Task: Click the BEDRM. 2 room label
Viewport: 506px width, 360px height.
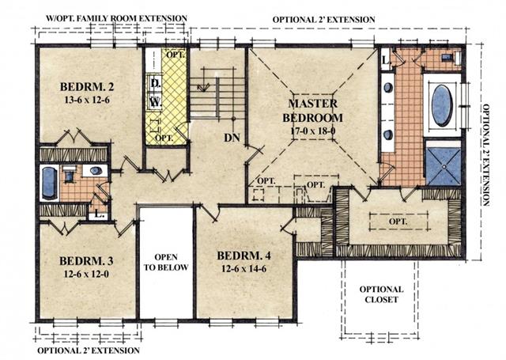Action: (87, 87)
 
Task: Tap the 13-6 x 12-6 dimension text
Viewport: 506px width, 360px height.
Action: (87, 100)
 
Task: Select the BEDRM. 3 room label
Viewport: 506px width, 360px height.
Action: (86, 261)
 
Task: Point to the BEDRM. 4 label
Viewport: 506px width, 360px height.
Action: (244, 256)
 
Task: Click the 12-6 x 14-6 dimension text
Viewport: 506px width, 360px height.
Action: (244, 269)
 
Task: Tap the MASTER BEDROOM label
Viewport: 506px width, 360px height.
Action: (313, 111)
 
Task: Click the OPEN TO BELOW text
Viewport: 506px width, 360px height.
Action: (166, 262)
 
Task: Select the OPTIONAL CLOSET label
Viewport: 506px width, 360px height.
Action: (381, 294)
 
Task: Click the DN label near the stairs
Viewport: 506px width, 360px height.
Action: (232, 138)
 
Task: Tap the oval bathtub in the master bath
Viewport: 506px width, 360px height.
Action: (442, 105)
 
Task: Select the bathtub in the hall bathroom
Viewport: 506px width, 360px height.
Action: (49, 183)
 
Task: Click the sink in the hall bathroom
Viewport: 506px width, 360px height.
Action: (96, 171)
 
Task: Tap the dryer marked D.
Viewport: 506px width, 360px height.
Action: (155, 83)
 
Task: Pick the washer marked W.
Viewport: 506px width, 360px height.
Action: (155, 102)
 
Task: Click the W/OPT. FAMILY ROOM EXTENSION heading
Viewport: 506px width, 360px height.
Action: (116, 18)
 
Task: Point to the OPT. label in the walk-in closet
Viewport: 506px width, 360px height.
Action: (398, 222)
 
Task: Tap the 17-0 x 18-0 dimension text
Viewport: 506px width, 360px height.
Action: (313, 131)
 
